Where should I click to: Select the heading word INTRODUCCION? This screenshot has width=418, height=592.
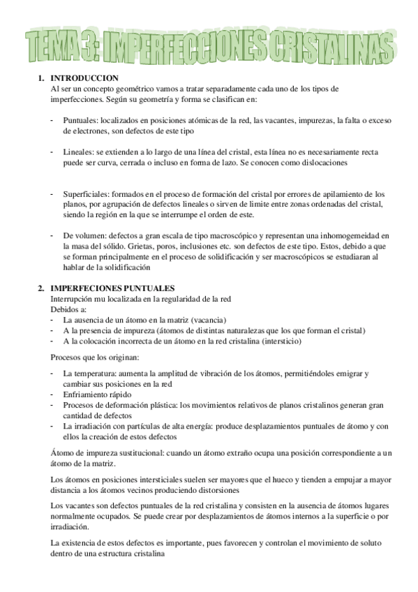tap(84, 78)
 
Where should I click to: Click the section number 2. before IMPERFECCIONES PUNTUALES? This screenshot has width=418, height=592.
tap(41, 288)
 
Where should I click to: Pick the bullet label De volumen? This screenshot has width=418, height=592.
tap(84, 236)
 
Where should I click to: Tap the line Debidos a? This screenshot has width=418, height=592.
tap(70, 309)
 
